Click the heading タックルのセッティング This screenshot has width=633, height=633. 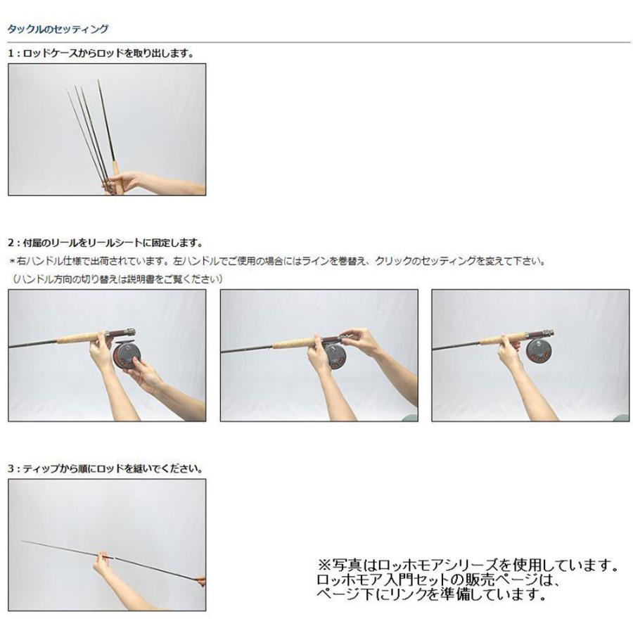pos(58,30)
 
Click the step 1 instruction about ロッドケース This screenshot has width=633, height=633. pos(101,53)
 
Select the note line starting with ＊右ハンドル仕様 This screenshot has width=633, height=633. pos(277,261)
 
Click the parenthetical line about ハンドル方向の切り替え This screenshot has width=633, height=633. pos(117,279)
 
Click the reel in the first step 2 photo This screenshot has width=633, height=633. pos(127,354)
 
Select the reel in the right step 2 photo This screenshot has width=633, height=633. pos(540,350)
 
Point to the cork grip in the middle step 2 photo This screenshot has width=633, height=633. pos(295,344)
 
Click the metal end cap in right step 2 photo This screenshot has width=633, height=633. pos(549,333)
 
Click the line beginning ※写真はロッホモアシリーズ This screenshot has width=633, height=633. pos(468,565)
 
